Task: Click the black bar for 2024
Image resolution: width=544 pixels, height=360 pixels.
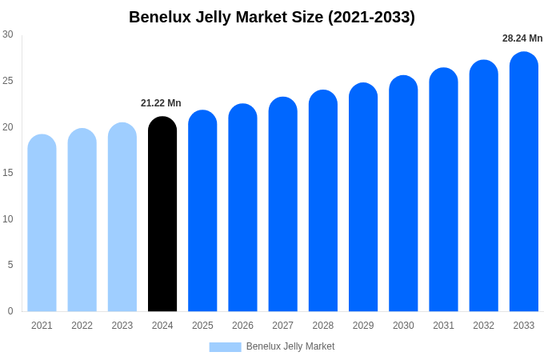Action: point(162,216)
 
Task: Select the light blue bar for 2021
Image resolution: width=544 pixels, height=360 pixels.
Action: point(42,224)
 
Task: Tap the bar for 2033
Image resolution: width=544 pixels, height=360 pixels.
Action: point(524,184)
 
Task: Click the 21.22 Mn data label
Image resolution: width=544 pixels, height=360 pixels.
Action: point(161,103)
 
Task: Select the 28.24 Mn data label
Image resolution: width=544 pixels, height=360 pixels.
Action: point(522,38)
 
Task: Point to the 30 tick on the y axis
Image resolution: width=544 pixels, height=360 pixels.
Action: point(8,34)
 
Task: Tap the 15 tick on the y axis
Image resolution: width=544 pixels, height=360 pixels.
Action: point(8,173)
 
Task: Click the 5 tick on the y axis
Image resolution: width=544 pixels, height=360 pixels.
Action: point(10,265)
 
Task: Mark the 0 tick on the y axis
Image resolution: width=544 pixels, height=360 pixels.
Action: point(10,311)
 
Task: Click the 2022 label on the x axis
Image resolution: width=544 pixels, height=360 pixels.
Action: point(82,326)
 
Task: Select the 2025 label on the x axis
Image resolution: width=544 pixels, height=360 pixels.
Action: point(202,326)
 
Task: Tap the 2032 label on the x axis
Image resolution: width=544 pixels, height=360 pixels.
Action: point(483,326)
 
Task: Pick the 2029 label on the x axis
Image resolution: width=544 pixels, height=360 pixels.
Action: point(363,326)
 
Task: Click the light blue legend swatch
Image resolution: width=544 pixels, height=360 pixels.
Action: point(225,347)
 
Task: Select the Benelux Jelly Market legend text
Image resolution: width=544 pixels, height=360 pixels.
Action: point(290,346)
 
